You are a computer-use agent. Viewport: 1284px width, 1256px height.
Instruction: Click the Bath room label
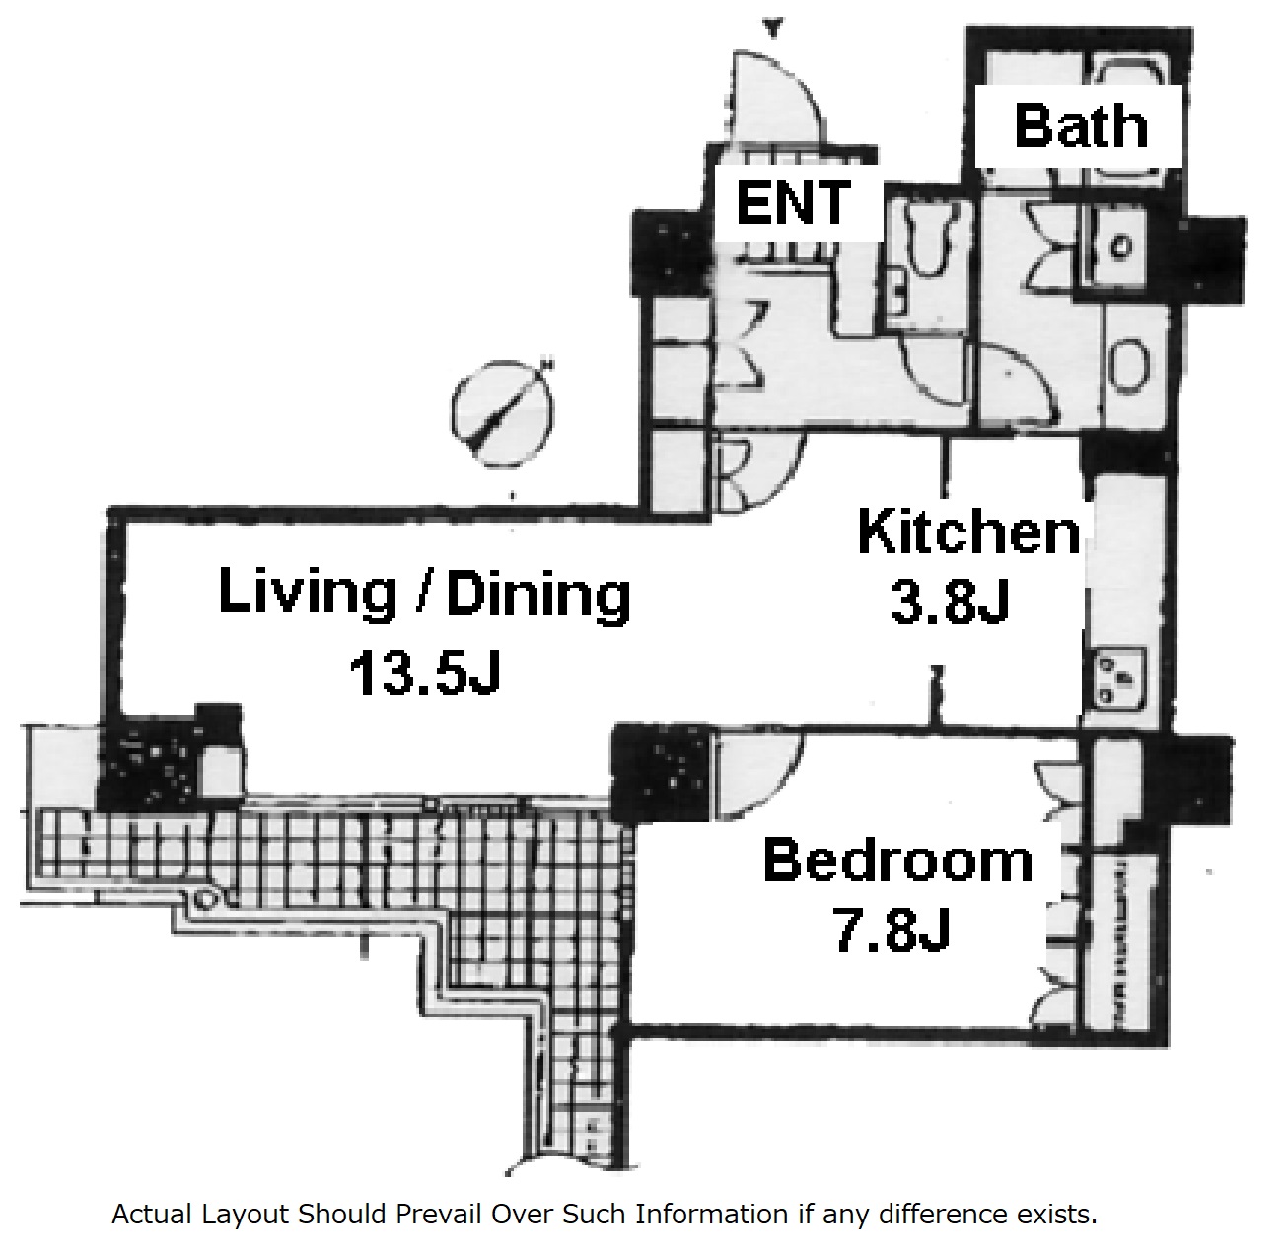point(1081,126)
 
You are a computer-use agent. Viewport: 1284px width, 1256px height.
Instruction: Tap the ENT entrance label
point(793,202)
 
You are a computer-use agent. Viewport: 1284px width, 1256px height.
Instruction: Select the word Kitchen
point(969,532)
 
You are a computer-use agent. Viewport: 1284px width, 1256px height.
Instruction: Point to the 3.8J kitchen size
point(950,602)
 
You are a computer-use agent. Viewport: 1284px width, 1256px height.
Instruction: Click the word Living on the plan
point(307,594)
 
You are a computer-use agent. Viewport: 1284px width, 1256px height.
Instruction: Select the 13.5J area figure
point(425,672)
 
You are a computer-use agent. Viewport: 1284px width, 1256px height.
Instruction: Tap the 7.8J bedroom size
point(892,929)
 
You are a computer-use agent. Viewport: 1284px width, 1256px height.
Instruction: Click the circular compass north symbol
point(503,413)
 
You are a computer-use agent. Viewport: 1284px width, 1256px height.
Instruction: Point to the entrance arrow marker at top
point(773,29)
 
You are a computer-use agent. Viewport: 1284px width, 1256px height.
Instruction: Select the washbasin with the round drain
point(1119,247)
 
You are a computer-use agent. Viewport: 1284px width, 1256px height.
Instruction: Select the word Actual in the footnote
point(153,1214)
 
